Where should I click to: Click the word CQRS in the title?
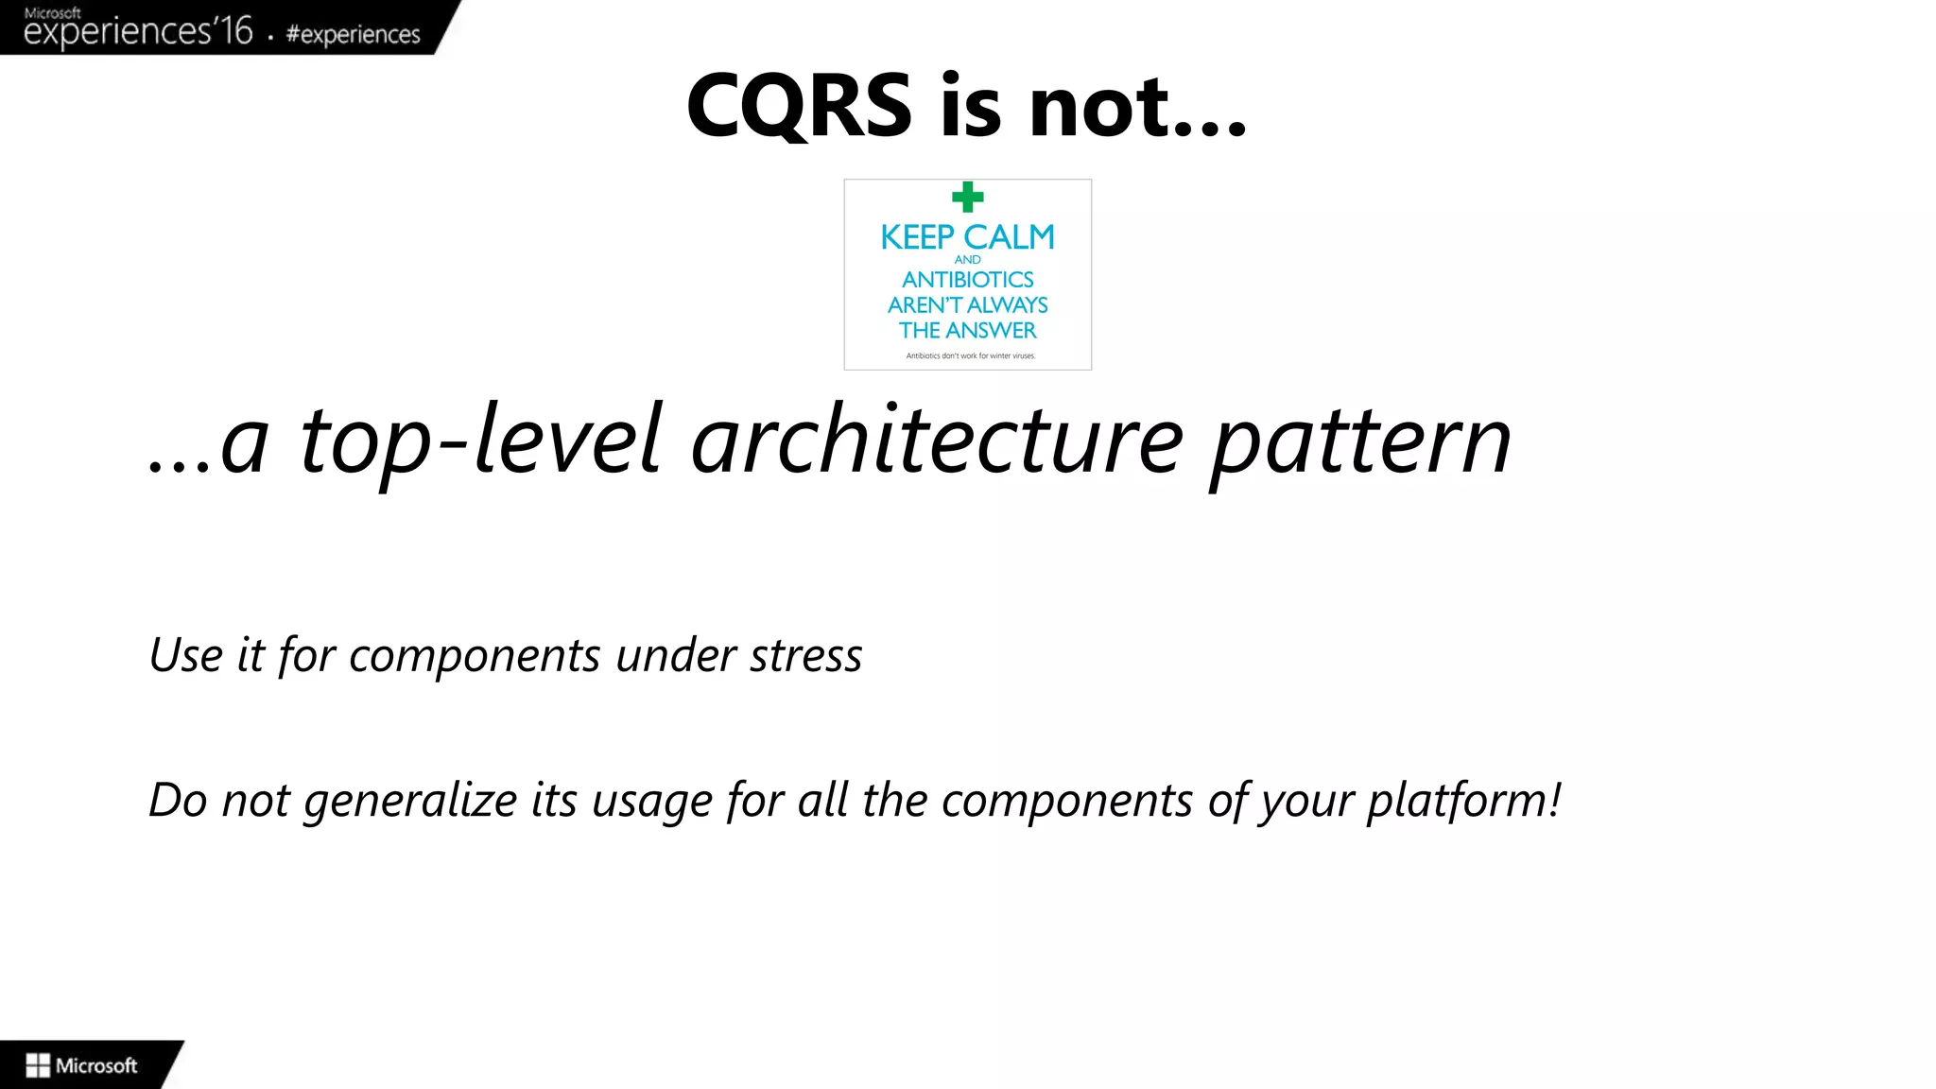799,106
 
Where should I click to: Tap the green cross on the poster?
967,197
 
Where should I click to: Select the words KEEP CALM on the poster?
967,237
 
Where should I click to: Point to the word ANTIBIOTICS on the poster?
967,280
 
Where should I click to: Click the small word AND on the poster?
967,259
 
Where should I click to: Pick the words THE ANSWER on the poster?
967,331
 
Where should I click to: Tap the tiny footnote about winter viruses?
970,355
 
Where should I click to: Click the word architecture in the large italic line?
936,441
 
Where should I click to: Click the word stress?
805,656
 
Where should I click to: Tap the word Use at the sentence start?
185,655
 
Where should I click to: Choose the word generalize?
410,802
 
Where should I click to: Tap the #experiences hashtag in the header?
353,35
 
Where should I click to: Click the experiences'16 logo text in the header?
138,31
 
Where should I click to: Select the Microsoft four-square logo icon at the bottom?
38,1065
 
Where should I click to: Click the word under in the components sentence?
675,656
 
